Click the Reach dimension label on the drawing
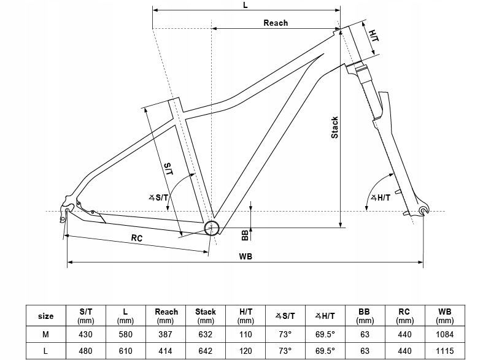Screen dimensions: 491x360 tap(276, 23)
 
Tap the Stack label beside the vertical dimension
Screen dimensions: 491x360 tap(334, 127)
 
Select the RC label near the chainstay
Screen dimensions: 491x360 tap(137, 239)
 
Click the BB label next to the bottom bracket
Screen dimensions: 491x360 tap(244, 234)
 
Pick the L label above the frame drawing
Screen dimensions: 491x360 tap(245, 5)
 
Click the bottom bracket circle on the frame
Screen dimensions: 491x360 tap(212, 227)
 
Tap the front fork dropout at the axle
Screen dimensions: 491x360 tap(422, 211)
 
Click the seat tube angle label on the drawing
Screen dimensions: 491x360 tap(158, 197)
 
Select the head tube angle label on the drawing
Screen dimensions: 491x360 tap(381, 197)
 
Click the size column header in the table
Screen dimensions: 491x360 tap(46, 316)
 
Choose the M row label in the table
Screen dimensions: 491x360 tap(46, 334)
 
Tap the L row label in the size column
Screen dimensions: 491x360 tap(46, 351)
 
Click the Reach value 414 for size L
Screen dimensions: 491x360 tap(165, 351)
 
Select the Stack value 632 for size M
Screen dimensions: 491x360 tap(205, 334)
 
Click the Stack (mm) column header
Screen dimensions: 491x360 tap(205, 316)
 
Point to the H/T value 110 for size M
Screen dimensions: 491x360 tap(245, 334)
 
